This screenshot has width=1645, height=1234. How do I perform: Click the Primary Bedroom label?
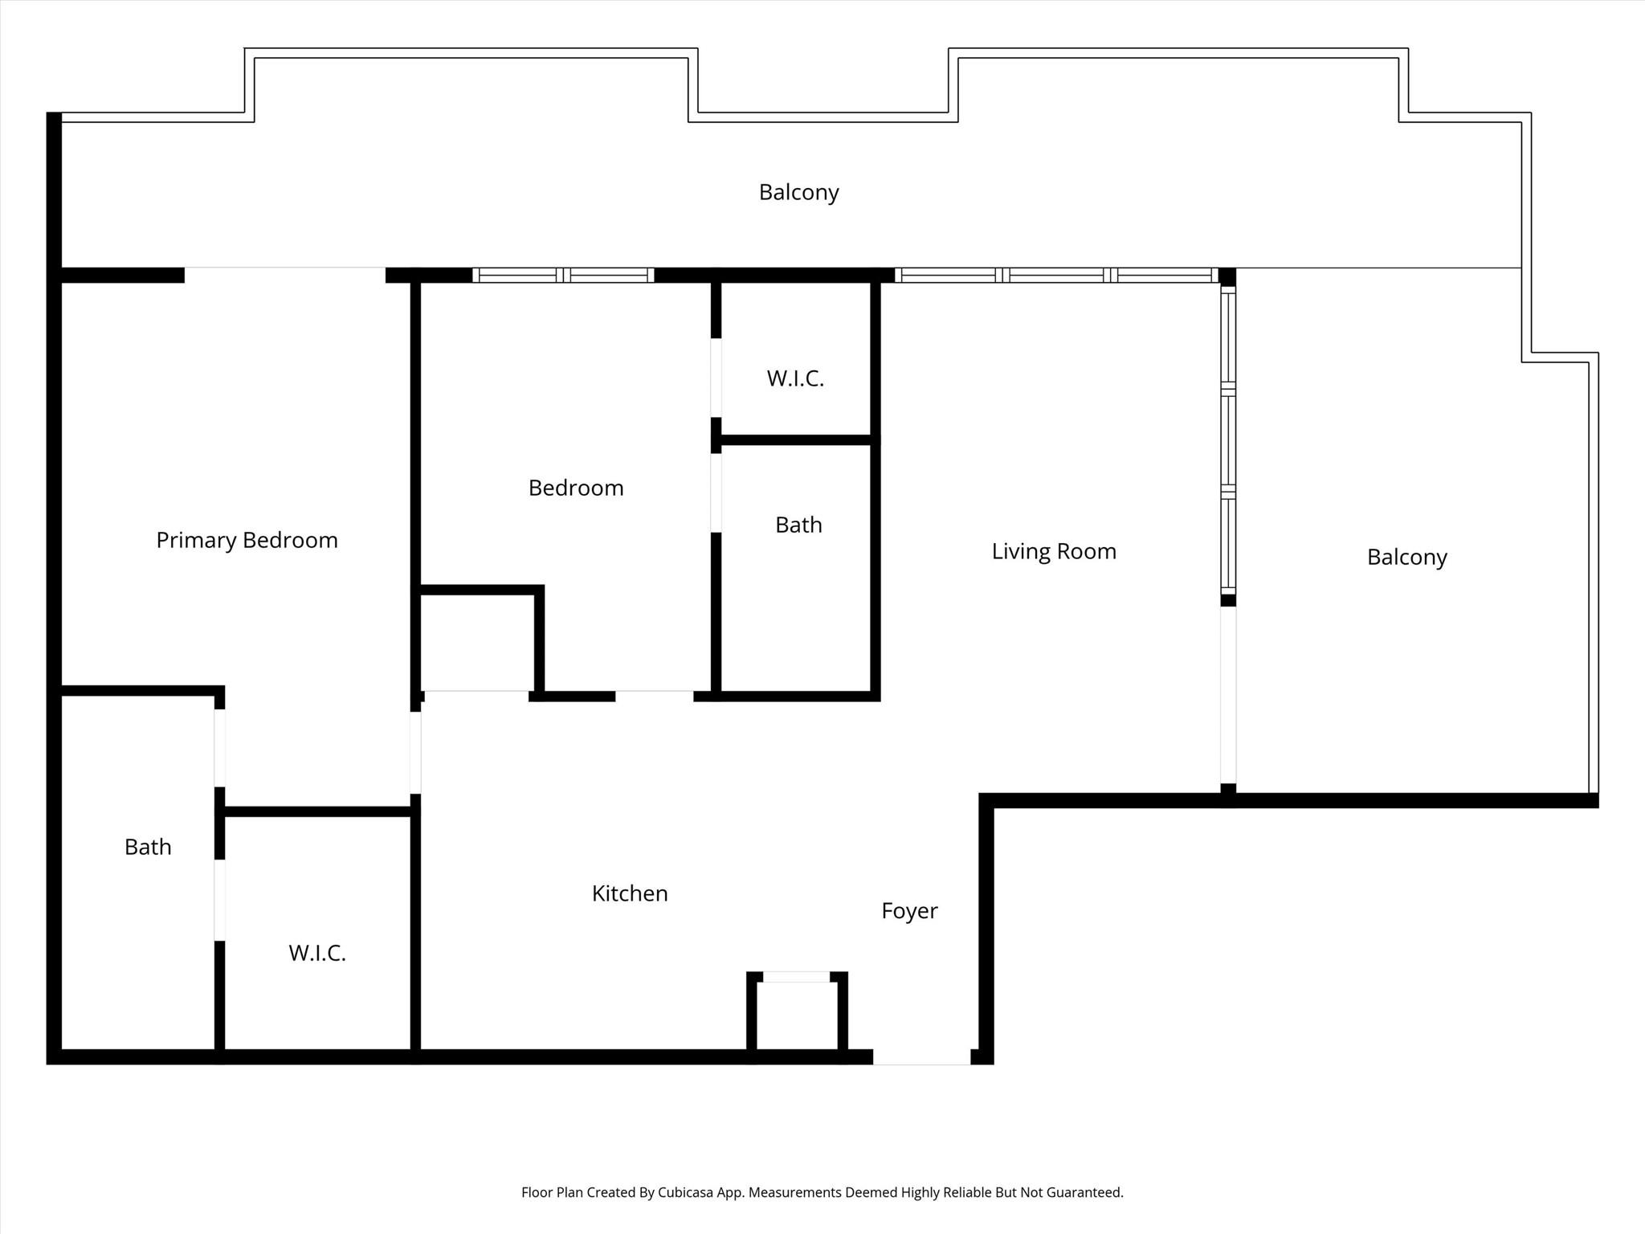click(247, 541)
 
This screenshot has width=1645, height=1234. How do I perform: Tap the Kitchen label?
click(630, 893)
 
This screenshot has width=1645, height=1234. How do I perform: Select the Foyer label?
click(909, 911)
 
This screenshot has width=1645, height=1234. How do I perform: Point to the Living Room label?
click(1054, 551)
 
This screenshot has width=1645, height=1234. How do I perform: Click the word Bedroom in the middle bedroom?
click(576, 488)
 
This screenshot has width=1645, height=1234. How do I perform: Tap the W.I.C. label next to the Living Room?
click(795, 378)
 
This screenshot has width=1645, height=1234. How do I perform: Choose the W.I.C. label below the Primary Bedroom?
click(317, 953)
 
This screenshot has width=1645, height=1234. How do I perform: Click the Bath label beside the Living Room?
click(798, 525)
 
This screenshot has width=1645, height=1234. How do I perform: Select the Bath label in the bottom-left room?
click(148, 847)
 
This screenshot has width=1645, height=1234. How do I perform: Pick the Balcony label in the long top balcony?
click(799, 193)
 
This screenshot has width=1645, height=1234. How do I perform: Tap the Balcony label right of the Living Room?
click(1407, 558)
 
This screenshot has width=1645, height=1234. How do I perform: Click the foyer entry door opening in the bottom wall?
click(922, 1057)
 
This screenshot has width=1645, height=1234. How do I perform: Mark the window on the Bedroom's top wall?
click(563, 275)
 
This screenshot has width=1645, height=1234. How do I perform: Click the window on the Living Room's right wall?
click(1228, 440)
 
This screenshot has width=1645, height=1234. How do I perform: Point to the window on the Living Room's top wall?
click(1056, 275)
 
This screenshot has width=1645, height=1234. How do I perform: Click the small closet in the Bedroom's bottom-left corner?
click(478, 640)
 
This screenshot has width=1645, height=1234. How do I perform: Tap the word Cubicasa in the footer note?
click(688, 1192)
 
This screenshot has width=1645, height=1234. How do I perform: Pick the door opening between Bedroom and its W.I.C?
click(716, 378)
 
